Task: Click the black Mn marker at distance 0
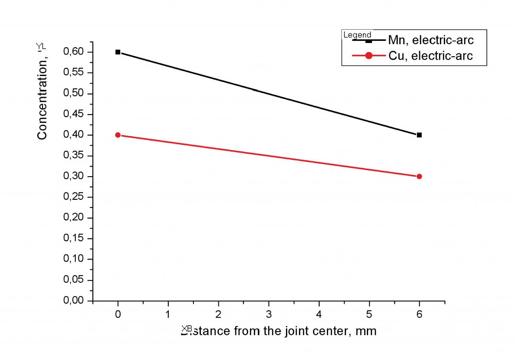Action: point(118,52)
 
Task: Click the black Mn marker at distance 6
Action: point(419,135)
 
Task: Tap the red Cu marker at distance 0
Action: point(118,135)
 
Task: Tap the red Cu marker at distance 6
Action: point(419,176)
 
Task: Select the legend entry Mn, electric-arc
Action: point(430,40)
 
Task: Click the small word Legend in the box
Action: point(357,35)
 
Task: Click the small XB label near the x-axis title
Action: point(187,328)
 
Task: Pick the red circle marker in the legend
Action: point(369,55)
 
